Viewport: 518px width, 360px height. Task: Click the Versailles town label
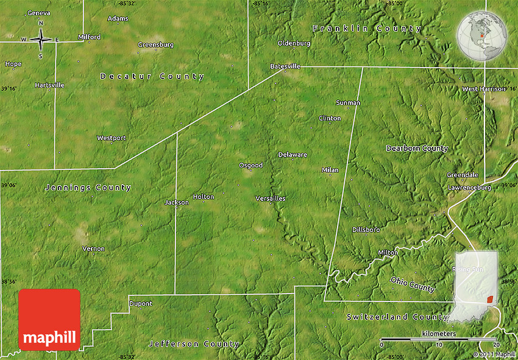coord(270,199)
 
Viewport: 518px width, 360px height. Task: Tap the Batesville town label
coord(285,66)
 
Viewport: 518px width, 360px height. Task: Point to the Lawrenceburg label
coord(469,188)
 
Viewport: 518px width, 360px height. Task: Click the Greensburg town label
coord(155,44)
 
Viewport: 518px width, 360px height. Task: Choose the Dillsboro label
coord(366,230)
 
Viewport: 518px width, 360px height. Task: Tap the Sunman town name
coord(348,103)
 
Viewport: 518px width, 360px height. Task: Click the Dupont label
coord(141,303)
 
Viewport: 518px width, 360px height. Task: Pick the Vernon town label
coord(93,249)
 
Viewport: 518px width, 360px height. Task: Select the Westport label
coord(112,138)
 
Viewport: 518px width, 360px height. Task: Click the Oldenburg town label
coord(294,43)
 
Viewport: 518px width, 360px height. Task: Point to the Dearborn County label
coord(417,149)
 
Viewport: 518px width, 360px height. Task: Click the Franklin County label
coord(367,29)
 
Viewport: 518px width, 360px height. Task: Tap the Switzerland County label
coord(397,317)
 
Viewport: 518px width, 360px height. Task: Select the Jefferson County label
coord(194,344)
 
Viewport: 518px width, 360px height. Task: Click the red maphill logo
coord(49,320)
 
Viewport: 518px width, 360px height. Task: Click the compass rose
coord(41,40)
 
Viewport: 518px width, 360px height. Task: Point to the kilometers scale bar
coord(439,339)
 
